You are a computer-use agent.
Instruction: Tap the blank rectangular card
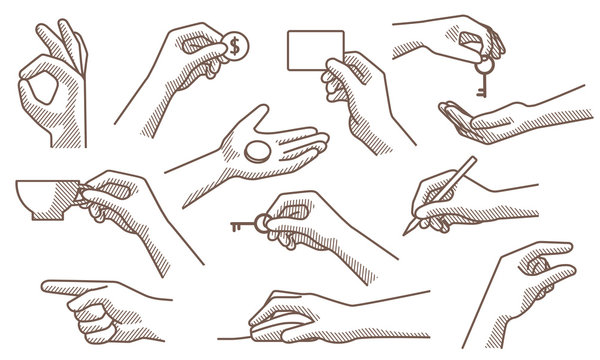point(314,50)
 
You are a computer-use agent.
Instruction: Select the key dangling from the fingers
point(484,80)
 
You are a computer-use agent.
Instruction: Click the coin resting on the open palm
point(256,153)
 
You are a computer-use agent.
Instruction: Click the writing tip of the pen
point(407,231)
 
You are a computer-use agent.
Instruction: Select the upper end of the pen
point(472,161)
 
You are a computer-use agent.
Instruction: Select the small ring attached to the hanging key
point(478,60)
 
